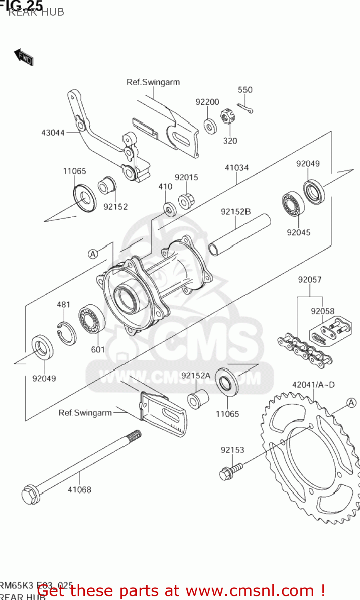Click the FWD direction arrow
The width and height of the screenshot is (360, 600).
click(x=24, y=57)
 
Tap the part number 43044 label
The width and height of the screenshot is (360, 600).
click(x=53, y=133)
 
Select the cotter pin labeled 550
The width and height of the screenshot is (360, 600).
click(x=244, y=108)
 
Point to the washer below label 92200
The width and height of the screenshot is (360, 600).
click(x=210, y=126)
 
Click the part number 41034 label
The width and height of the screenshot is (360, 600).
click(x=236, y=168)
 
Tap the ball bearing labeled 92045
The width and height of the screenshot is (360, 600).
click(x=293, y=205)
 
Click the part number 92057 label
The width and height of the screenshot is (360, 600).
click(x=310, y=280)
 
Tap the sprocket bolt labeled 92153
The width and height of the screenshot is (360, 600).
click(x=230, y=472)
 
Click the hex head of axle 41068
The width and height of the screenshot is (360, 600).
click(x=31, y=495)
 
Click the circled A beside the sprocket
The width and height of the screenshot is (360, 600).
click(x=351, y=403)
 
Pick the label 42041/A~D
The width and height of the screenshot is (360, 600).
click(x=313, y=385)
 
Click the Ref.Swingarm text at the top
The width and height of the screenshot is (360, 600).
click(x=153, y=82)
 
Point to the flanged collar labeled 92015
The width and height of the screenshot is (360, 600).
click(x=186, y=201)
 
